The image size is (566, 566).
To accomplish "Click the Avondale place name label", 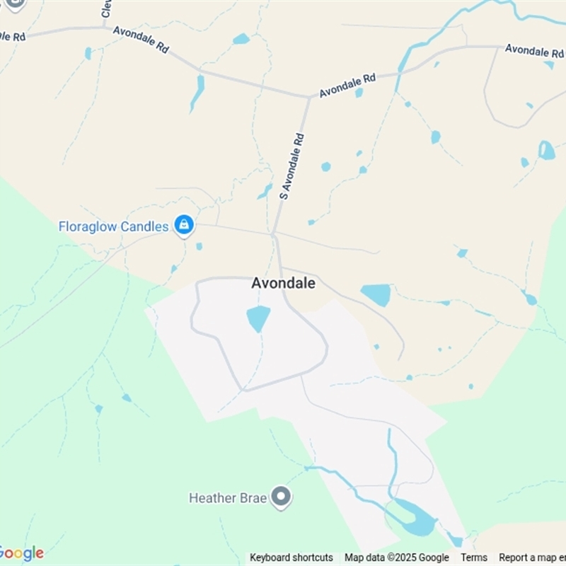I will tap(283, 283).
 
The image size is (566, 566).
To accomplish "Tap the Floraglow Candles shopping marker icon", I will tap(184, 226).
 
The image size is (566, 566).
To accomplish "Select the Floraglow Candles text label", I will tap(113, 226).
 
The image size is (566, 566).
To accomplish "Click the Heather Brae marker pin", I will tap(282, 497).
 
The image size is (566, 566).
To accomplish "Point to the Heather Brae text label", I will tap(228, 498).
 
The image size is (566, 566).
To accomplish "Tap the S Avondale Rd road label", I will tap(291, 165).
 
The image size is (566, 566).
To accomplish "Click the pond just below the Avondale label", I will tap(258, 318).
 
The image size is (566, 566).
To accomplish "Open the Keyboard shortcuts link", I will tap(291, 558).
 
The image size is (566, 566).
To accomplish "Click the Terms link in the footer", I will tap(474, 558).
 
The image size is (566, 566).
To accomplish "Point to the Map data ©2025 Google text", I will tap(397, 558).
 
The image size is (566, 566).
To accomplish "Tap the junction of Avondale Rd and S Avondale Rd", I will tap(309, 97).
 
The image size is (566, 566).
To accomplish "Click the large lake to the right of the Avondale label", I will tap(376, 294).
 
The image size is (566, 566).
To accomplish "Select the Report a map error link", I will tap(532, 558).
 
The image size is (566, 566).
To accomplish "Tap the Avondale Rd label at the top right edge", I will tap(535, 50).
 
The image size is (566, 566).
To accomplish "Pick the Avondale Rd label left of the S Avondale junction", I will tap(141, 40).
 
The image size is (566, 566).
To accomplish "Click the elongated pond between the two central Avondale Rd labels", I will tap(197, 93).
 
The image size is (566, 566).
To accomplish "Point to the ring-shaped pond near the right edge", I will tap(546, 150).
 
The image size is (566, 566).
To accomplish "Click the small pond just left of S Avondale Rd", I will tap(265, 191).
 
